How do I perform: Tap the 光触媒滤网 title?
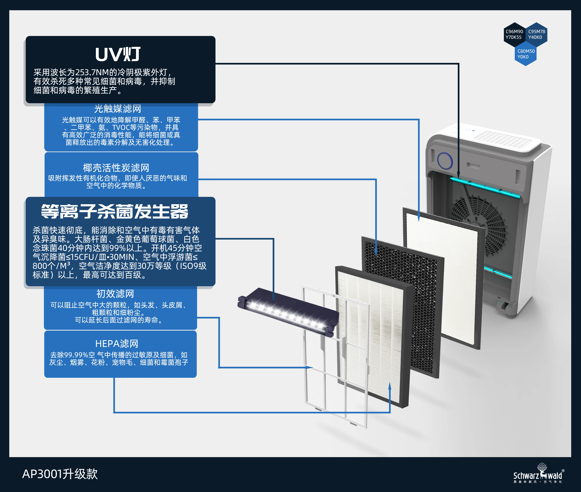coord(118,108)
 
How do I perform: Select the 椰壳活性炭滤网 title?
coord(116,168)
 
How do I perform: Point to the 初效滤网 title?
coord(115,293)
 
